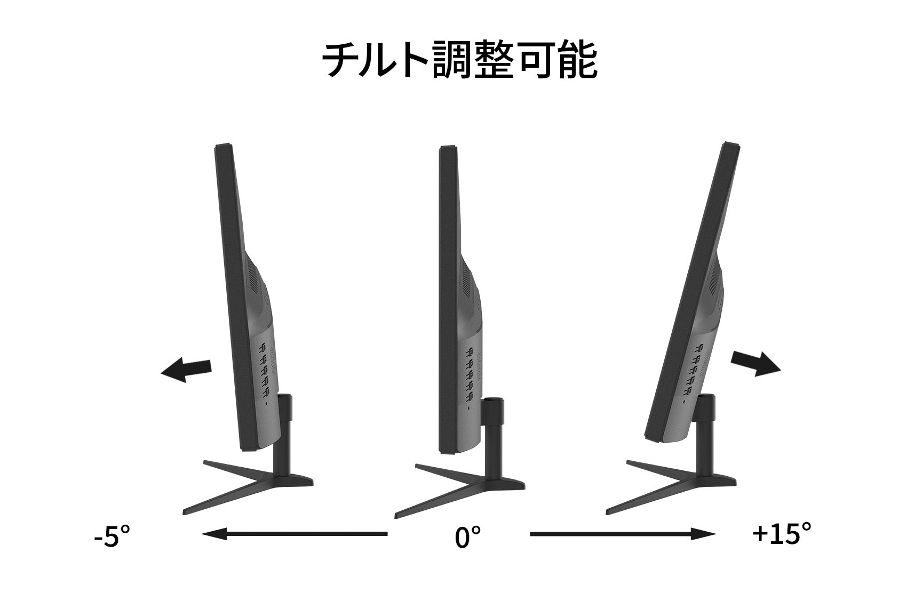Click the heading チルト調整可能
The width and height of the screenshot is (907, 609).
(x=459, y=59)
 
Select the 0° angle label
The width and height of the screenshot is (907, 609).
(x=468, y=537)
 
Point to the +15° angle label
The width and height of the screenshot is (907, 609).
(x=782, y=533)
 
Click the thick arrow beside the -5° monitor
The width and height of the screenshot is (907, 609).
(x=186, y=370)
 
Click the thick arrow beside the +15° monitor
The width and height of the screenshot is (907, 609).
(x=755, y=363)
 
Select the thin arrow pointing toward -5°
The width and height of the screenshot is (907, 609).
(x=295, y=534)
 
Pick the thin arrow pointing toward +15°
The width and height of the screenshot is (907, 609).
(x=623, y=534)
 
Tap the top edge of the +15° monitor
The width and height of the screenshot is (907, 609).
(x=731, y=145)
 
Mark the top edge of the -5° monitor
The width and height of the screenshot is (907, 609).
(x=222, y=145)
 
